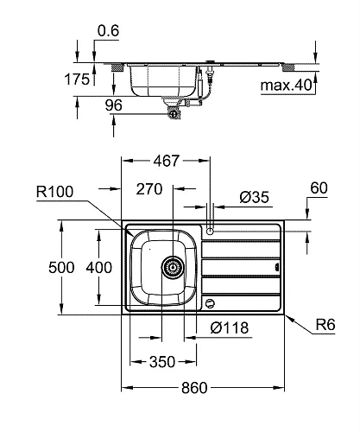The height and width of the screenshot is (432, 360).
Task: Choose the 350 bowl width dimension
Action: pos(162,361)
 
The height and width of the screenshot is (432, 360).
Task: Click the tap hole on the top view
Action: pos(209,230)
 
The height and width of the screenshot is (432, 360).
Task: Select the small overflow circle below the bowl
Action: pos(210,302)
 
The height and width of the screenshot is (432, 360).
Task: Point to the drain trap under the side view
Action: pos(175,109)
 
